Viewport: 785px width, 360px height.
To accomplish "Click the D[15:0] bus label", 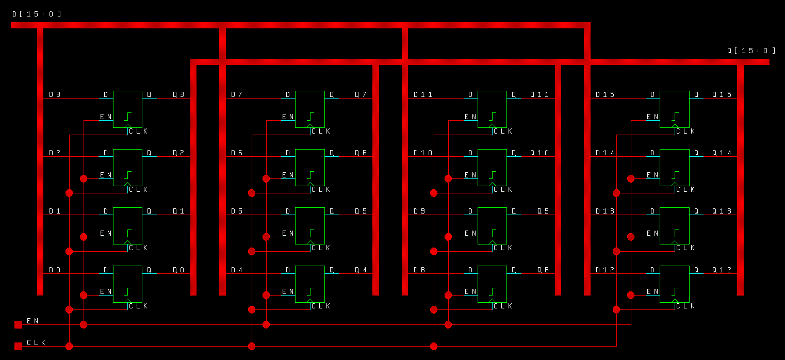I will [x=37, y=14].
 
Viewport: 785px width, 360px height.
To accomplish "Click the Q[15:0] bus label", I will [x=751, y=51].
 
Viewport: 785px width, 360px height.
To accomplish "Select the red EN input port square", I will [x=18, y=324].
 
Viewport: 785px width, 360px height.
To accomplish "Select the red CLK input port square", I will [x=18, y=346].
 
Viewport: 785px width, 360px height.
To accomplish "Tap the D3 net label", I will [x=55, y=95].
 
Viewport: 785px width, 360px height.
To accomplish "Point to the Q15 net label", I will [x=722, y=95].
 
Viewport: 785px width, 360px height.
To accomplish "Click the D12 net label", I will [x=605, y=270].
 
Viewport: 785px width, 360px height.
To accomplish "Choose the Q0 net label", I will [x=178, y=270].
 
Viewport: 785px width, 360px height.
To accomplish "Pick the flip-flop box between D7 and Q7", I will [x=309, y=109].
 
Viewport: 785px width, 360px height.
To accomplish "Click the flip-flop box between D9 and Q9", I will [x=492, y=225].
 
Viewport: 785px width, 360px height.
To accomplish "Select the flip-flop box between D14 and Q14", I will [x=674, y=167].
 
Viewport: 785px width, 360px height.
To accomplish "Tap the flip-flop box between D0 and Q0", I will [x=127, y=284].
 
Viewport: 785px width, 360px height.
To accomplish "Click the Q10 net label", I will [x=539, y=153].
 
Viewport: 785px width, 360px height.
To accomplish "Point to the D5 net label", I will [x=237, y=211].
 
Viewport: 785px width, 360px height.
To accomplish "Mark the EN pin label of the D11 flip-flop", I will [x=470, y=117].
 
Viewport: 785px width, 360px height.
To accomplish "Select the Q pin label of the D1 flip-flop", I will [x=149, y=211].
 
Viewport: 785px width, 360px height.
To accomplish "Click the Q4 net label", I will [x=361, y=270].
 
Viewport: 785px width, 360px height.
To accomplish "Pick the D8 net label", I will [x=419, y=270].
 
